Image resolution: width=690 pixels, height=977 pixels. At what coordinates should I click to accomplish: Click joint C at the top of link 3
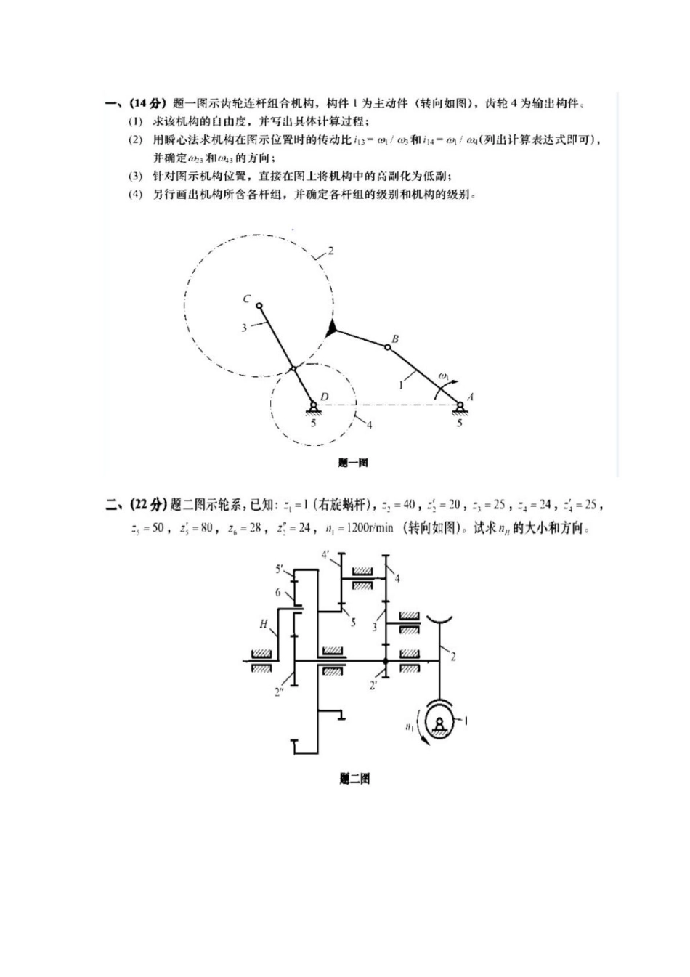click(259, 306)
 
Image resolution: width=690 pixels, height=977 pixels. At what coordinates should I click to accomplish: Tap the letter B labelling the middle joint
click(394, 338)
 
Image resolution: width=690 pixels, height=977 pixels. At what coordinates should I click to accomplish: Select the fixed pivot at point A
click(459, 406)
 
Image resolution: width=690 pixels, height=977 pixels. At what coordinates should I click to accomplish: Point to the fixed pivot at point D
click(313, 406)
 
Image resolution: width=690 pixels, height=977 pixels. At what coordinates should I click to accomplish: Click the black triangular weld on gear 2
click(332, 329)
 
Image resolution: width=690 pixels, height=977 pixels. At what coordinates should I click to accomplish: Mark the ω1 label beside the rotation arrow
click(444, 376)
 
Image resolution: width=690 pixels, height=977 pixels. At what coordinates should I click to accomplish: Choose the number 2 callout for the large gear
click(330, 251)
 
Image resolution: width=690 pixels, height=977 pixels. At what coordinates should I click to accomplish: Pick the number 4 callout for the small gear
click(369, 425)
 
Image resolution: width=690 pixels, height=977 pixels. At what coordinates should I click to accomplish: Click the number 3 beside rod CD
click(244, 328)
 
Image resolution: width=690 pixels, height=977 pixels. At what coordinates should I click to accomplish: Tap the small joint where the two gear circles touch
click(293, 369)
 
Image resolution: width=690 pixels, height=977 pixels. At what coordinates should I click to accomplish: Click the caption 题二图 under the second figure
click(354, 779)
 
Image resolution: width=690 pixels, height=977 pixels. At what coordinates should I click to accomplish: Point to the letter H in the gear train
click(264, 623)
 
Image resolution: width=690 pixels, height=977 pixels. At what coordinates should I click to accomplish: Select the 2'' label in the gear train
click(279, 692)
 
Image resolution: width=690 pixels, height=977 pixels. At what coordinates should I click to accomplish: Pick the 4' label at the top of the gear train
click(326, 555)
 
